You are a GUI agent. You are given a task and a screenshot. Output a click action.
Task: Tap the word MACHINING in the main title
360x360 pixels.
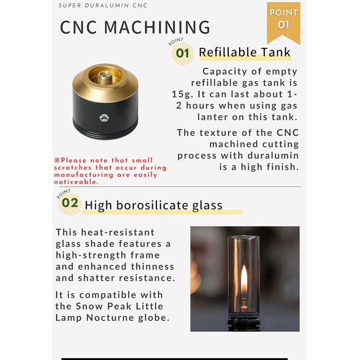click(x=157, y=27)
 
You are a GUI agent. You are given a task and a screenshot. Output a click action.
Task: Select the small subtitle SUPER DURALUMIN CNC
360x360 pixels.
click(x=103, y=6)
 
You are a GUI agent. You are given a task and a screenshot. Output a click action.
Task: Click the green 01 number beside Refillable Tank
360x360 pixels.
click(x=183, y=53)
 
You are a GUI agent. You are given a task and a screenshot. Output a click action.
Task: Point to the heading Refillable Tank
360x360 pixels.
click(x=244, y=52)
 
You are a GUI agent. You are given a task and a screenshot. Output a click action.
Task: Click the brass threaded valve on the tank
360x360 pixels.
click(x=105, y=77)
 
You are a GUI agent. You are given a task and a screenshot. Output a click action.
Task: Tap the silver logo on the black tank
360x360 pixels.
click(x=104, y=118)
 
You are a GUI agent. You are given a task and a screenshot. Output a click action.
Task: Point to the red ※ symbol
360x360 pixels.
click(x=57, y=160)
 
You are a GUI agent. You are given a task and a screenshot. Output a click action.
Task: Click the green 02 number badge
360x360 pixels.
click(x=70, y=203)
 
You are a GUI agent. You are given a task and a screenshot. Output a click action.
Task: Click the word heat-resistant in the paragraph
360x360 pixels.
click(x=118, y=232)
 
